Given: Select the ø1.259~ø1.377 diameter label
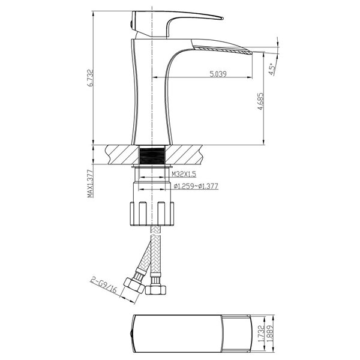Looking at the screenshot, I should click(196, 187).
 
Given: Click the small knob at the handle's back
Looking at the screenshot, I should click(132, 23).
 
